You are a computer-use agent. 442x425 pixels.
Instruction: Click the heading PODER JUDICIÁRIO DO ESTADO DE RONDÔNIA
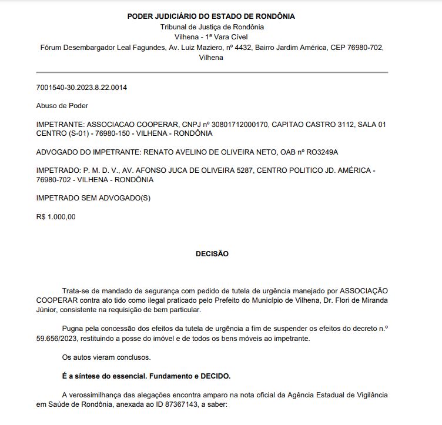212,16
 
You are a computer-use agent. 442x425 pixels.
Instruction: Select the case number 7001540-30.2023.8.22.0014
82,88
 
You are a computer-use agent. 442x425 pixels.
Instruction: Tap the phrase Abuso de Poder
62,106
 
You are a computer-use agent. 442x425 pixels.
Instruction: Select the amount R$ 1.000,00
56,217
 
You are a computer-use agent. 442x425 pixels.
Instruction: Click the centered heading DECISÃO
212,254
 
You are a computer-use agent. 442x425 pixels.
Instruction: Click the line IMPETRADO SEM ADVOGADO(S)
93,198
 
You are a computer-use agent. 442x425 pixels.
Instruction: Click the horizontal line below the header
212,72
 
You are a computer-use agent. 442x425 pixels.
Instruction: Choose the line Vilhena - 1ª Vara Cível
212,37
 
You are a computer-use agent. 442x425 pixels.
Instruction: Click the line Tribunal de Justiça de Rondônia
212,26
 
